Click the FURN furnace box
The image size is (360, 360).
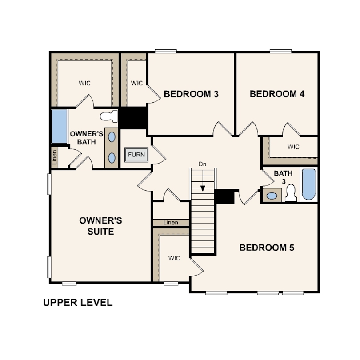tap(136, 155)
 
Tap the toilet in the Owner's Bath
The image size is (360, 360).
tap(109, 116)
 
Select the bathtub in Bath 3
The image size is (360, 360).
tap(308, 184)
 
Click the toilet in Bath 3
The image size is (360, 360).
tap(291, 193)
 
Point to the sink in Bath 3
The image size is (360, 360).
tap(272, 196)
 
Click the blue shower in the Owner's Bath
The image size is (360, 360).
tap(59, 127)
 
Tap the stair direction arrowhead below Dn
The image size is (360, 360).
tap(203, 188)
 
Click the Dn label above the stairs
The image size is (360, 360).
tap(203, 164)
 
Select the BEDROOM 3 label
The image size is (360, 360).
tap(191, 94)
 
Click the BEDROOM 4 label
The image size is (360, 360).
tap(277, 94)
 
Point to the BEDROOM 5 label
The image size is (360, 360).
tap(267, 248)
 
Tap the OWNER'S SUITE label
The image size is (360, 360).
tap(101, 226)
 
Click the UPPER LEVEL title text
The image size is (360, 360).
tap(78, 302)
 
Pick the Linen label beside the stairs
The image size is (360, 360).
tap(171, 223)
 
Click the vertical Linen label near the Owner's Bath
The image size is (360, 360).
tap(54, 157)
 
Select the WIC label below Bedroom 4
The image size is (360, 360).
tap(293, 147)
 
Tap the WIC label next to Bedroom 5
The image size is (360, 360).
tap(174, 258)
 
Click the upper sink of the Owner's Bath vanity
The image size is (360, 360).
tap(112, 137)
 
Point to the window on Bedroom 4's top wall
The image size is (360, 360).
tap(280, 51)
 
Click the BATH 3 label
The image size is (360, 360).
tap(283, 177)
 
